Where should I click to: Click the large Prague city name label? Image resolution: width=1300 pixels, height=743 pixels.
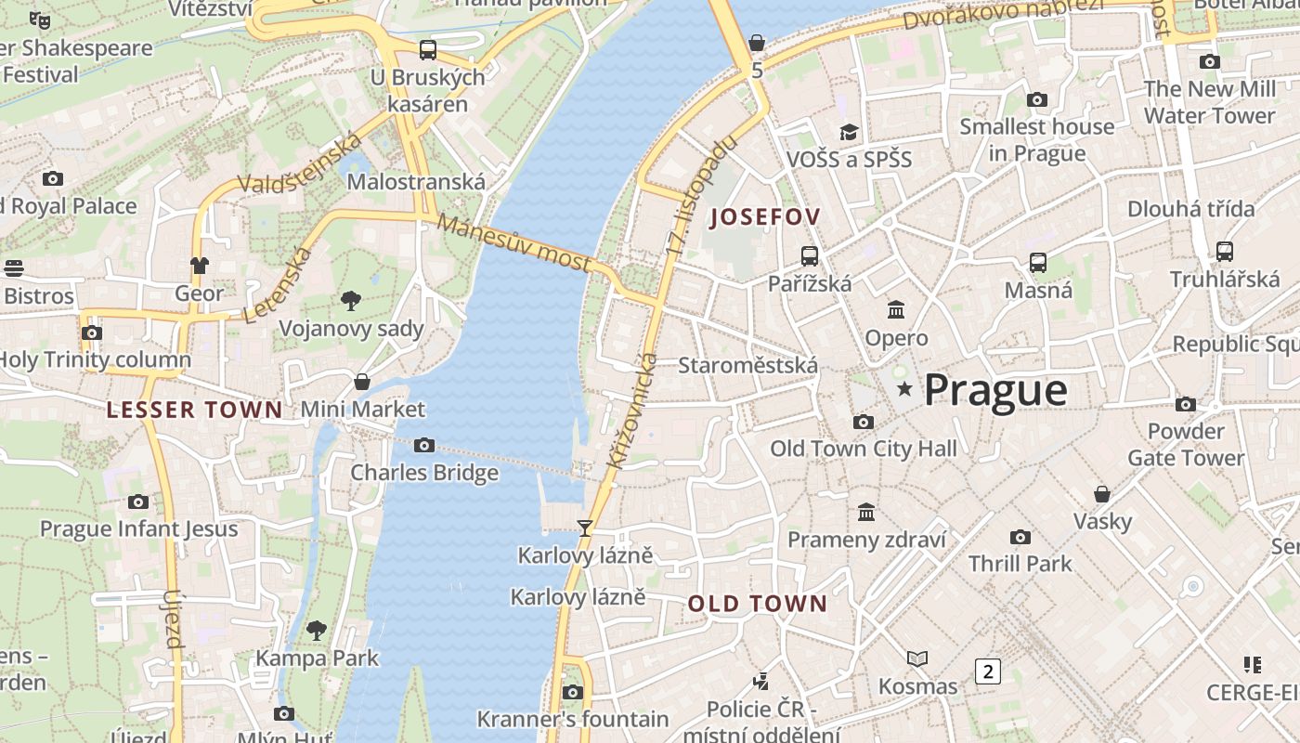[x=995, y=390]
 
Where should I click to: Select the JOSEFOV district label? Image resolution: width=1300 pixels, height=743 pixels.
[x=765, y=217]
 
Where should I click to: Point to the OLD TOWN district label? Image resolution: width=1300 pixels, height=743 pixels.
[x=757, y=604]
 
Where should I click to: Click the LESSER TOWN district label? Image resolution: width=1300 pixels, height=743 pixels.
[x=194, y=410]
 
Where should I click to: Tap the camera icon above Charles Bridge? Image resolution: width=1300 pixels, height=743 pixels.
[x=424, y=446]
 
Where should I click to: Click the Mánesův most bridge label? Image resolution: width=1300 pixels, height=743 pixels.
[x=513, y=243]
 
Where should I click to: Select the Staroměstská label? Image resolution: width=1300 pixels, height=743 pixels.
[x=747, y=365]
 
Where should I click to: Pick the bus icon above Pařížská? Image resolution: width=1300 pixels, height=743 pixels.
[x=810, y=256]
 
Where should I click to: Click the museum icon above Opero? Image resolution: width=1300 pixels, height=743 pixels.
[x=896, y=309]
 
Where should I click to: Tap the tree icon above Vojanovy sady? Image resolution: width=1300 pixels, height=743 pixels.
[x=350, y=300]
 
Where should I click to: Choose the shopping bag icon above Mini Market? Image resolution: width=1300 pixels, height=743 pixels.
[x=362, y=382]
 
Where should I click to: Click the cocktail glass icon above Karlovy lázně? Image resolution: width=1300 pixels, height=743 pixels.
[x=585, y=528]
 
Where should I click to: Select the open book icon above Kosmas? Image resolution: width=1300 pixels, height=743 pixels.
[x=917, y=658]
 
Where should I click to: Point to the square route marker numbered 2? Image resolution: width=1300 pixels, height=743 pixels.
[x=988, y=671]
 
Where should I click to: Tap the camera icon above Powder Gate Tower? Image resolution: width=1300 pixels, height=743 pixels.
[x=1186, y=404]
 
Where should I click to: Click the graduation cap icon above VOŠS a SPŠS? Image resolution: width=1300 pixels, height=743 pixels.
[x=849, y=132]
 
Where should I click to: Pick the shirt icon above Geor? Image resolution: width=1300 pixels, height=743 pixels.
[x=200, y=266]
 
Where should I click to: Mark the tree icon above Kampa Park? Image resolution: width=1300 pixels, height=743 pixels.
[x=317, y=631]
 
